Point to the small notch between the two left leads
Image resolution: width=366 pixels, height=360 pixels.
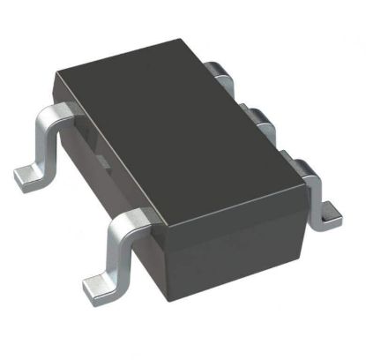[100, 159]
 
